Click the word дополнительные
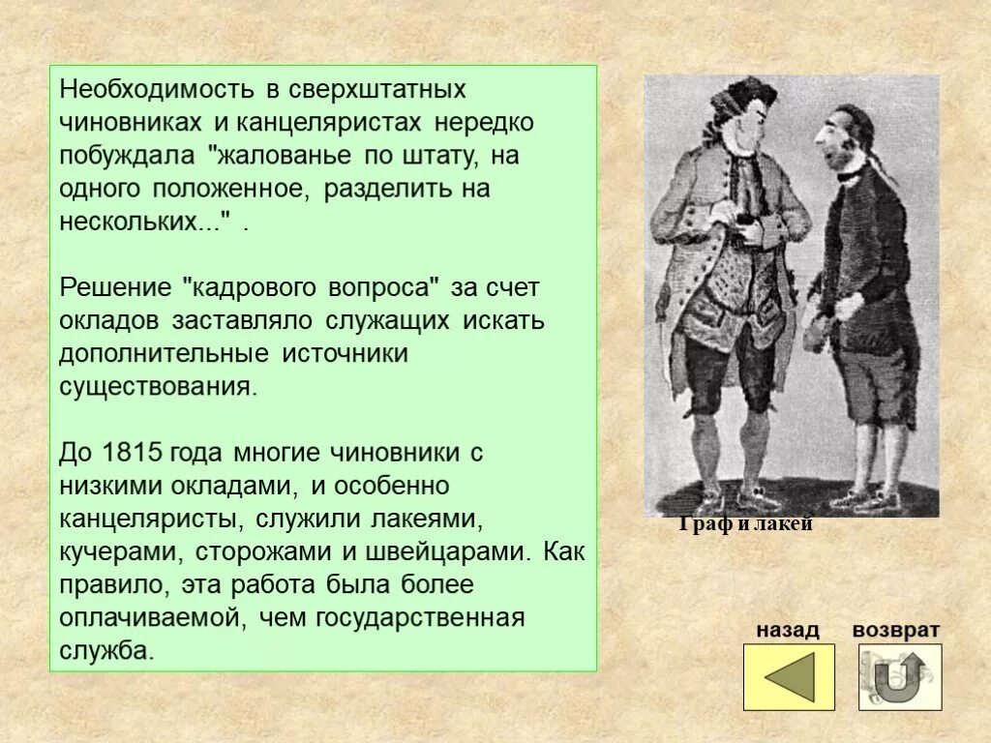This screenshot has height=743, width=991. point(165,353)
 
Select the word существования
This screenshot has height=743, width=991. point(158,386)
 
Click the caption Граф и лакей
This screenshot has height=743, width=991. point(744,525)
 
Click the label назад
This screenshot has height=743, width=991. point(787,630)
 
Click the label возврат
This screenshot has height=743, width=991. point(895,630)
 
